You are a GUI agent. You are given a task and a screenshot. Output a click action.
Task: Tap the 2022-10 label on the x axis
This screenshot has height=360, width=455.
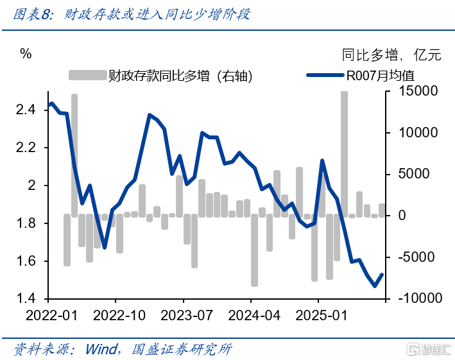click(x=116, y=315)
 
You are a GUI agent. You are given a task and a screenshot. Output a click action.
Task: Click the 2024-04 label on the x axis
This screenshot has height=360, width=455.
click(x=251, y=315)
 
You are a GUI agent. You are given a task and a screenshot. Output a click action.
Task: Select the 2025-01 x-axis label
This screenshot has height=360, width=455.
click(x=319, y=315)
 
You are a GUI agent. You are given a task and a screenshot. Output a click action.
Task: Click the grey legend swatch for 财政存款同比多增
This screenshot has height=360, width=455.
click(x=87, y=76)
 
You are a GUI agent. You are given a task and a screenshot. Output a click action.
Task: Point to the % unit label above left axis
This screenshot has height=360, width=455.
click(x=26, y=54)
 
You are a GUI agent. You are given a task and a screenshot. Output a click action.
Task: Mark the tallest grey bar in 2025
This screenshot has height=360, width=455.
click(x=345, y=154)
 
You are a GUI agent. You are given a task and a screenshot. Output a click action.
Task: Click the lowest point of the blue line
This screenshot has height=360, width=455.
click(x=375, y=286)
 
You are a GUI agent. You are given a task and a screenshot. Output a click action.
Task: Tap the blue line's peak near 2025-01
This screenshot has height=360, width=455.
click(x=322, y=160)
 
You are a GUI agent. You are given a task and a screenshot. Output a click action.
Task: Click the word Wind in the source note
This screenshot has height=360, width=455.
click(x=102, y=348)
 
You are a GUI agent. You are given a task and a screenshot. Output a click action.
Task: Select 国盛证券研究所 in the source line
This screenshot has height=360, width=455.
click(x=181, y=348)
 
